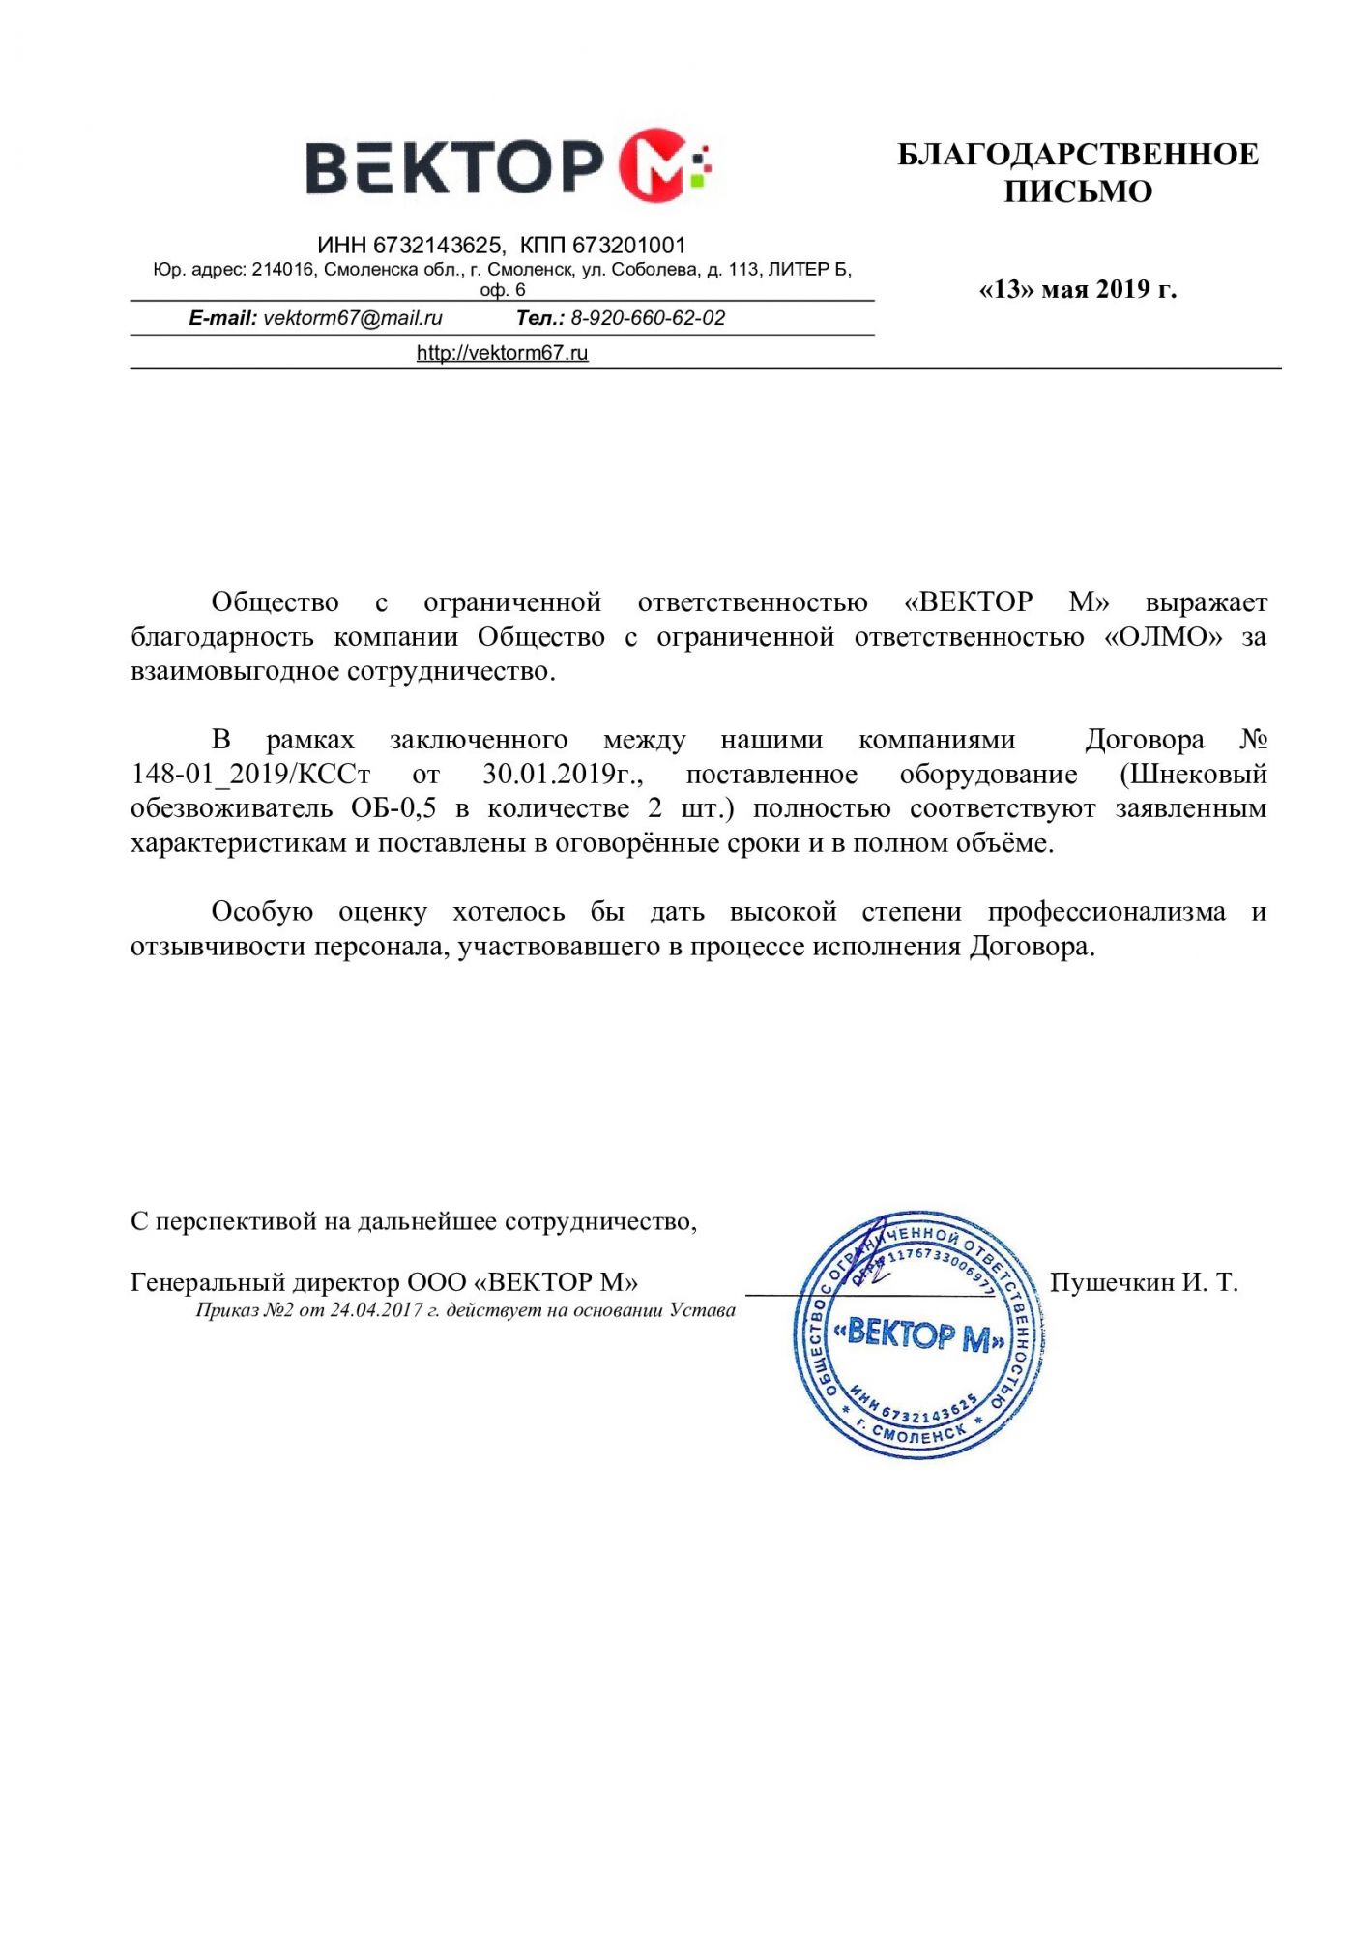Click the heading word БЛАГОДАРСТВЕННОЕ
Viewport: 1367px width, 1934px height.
click(x=1077, y=155)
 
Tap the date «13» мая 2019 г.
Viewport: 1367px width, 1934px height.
click(x=1077, y=289)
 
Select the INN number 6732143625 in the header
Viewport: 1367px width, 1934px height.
click(x=437, y=246)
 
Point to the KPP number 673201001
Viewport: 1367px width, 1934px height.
click(x=628, y=246)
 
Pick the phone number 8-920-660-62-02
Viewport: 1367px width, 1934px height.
click(x=648, y=318)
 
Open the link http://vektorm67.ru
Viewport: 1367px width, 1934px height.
click(x=502, y=353)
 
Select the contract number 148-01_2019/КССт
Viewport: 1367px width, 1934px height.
click(x=250, y=775)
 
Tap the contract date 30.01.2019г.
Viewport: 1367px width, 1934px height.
click(x=563, y=775)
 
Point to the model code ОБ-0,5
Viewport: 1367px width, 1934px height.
click(x=393, y=808)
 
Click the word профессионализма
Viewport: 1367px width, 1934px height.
click(x=1106, y=912)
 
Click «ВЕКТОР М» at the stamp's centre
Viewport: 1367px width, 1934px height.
click(x=919, y=1335)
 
